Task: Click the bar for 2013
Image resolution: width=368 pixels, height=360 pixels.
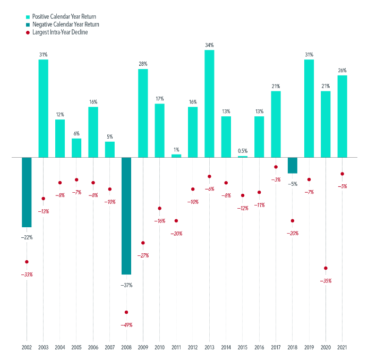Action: [209, 104]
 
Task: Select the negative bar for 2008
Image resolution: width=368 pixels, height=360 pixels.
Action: [126, 216]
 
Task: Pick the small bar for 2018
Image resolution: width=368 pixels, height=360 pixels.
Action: [293, 165]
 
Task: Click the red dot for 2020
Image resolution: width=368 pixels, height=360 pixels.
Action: [326, 268]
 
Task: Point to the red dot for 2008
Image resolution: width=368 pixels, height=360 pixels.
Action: [126, 312]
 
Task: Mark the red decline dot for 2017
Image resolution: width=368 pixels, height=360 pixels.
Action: [276, 167]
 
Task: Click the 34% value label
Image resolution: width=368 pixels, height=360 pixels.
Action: [209, 45]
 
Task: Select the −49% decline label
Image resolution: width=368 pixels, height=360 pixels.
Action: [126, 325]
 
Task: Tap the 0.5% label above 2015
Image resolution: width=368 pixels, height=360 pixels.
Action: [243, 151]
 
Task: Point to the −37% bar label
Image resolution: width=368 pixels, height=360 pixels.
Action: [126, 285]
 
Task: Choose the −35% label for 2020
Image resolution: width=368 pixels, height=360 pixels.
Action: [326, 281]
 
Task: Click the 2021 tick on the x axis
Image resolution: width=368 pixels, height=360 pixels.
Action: [343, 348]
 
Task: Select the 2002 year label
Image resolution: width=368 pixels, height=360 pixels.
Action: [27, 348]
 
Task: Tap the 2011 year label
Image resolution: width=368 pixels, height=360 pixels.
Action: [176, 348]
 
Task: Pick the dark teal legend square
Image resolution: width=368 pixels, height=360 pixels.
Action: [28, 24]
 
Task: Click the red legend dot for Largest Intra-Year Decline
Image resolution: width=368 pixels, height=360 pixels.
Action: [28, 33]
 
